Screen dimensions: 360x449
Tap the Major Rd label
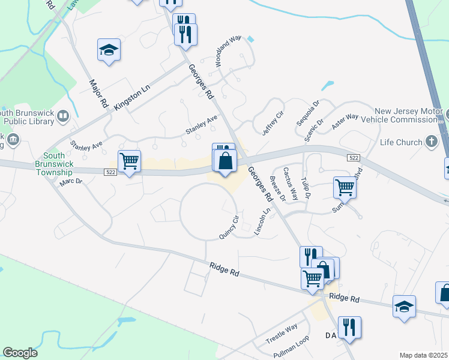[x=98, y=93]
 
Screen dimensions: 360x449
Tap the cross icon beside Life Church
[x=430, y=142]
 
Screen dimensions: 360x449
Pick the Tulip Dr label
[x=306, y=187]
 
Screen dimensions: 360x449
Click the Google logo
[x=20, y=353]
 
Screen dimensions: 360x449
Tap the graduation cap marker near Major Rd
[x=109, y=50]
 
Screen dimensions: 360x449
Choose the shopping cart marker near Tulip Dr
[x=345, y=187]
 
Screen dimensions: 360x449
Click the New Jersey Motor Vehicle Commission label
[x=408, y=115]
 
